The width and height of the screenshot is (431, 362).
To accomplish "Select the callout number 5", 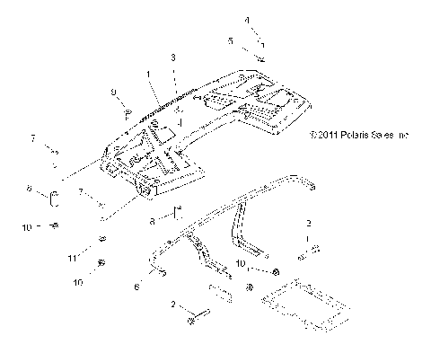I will pos(230,41).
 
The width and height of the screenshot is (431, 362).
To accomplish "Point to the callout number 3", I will pos(172,57).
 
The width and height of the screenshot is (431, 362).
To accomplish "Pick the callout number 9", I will pos(113,92).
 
